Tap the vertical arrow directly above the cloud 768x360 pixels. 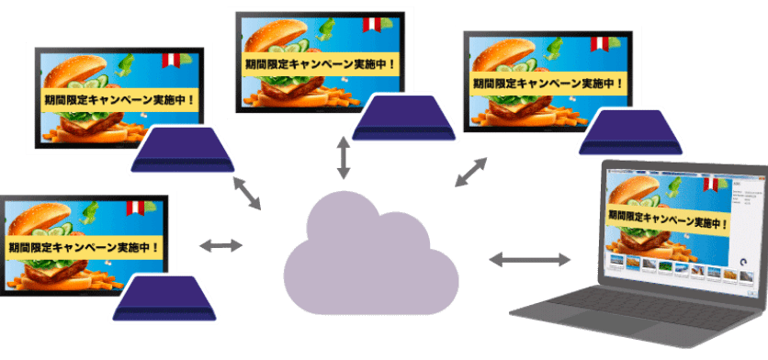344,158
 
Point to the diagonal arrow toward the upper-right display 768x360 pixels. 472,172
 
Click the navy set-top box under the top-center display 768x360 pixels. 405,117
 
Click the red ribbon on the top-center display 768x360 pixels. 371,23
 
